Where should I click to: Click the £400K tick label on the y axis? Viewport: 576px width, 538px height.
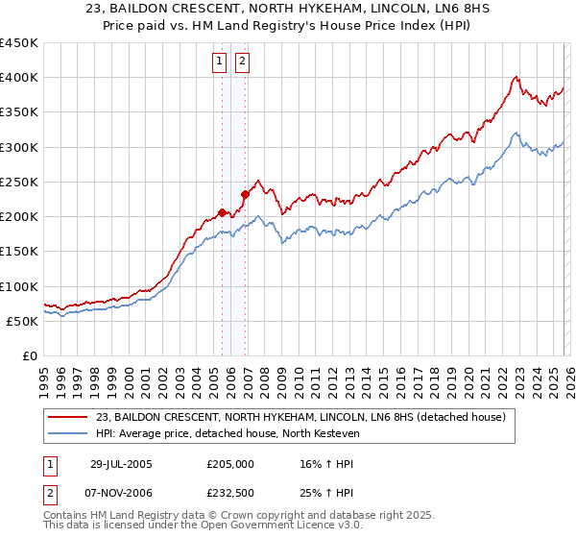[18, 78]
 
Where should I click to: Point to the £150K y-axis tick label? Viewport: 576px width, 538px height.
[18, 252]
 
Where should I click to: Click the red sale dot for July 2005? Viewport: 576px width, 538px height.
[223, 213]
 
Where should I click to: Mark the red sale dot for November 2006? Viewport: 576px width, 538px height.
[245, 194]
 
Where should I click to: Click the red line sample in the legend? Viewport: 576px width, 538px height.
[69, 417]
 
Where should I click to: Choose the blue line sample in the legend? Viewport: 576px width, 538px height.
[69, 433]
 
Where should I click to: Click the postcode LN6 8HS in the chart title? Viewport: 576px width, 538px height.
[428, 11]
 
